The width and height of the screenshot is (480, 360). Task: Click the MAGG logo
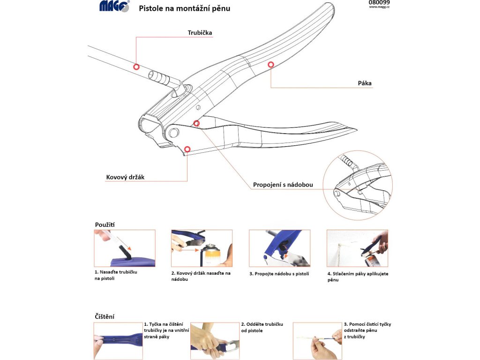click(x=114, y=6)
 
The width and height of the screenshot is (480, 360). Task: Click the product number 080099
click(x=379, y=2)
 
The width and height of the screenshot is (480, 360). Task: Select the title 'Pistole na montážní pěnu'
click(x=184, y=8)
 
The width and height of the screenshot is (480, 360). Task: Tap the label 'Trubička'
click(x=200, y=32)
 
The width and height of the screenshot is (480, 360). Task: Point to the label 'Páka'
click(x=365, y=83)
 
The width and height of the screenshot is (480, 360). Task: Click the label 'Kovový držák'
click(x=125, y=177)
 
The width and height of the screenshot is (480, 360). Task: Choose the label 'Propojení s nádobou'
click(x=283, y=185)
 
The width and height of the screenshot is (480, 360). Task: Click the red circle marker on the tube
click(x=136, y=67)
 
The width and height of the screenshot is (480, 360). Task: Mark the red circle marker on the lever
click(x=270, y=65)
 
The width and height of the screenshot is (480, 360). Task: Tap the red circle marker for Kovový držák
click(x=187, y=149)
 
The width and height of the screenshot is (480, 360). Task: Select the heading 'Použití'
click(x=105, y=225)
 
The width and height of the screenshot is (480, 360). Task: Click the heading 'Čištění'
click(x=105, y=316)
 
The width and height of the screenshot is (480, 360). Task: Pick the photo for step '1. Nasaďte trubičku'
click(x=125, y=248)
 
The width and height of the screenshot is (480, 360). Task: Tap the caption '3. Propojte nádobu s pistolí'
click(x=279, y=274)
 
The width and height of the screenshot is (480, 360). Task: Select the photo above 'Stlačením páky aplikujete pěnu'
click(x=357, y=248)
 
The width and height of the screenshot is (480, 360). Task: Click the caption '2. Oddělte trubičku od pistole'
click(x=262, y=327)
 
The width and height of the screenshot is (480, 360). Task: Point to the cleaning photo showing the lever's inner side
click(x=118, y=341)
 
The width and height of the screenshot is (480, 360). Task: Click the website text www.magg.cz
click(x=379, y=7)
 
